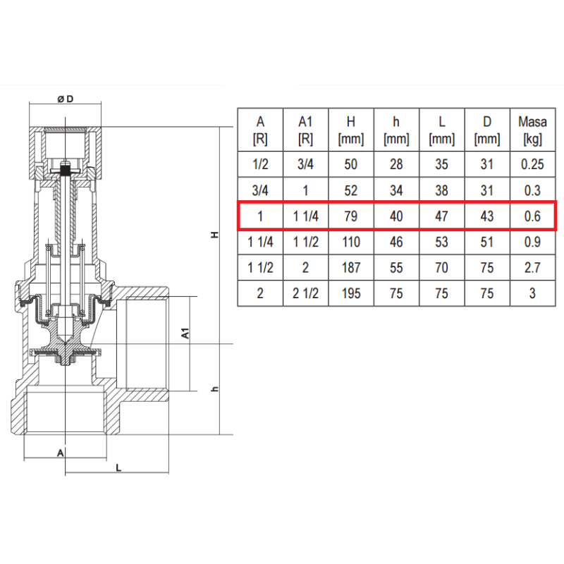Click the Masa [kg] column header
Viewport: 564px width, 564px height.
(532, 130)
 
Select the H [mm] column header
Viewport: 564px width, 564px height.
(350, 130)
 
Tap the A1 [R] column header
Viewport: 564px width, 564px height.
(305, 130)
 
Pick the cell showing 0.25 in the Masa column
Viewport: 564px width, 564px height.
(532, 164)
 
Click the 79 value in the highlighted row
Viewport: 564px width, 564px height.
(350, 216)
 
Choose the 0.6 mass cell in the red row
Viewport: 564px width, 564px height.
(532, 216)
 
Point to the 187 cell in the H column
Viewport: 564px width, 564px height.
(350, 268)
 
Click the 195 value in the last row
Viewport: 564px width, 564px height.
(350, 293)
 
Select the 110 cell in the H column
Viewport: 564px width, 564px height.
(350, 242)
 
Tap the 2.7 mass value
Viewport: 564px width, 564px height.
(532, 268)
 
